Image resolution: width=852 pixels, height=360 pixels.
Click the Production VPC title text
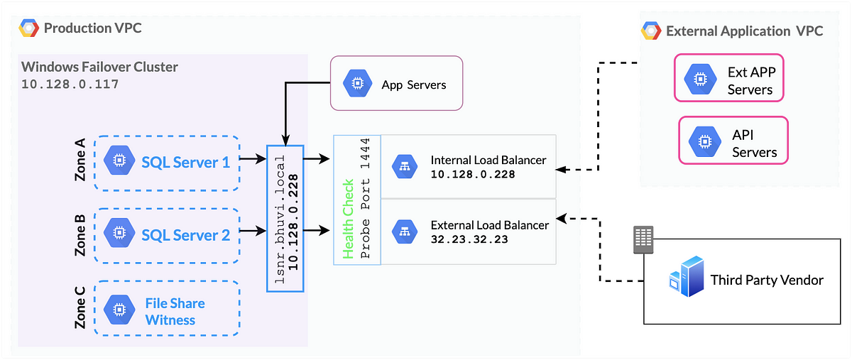click(x=92, y=28)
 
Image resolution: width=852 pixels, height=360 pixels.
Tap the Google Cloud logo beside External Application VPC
click(x=651, y=31)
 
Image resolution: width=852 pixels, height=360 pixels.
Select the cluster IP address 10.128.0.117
click(x=70, y=84)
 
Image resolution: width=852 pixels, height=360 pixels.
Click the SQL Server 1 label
click(x=185, y=163)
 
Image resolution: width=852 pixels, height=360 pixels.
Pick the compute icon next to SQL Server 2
click(x=119, y=232)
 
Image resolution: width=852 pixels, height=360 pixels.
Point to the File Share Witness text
click(x=175, y=312)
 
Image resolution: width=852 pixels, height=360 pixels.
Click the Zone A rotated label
click(x=80, y=160)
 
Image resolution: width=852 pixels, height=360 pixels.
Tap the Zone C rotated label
click(x=80, y=307)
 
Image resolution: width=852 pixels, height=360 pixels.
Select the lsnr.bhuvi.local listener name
click(x=280, y=219)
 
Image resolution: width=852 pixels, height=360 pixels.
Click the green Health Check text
click(x=348, y=219)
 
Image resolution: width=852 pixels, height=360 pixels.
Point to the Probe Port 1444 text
click(x=365, y=198)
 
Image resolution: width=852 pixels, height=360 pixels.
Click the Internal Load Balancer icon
click(x=405, y=167)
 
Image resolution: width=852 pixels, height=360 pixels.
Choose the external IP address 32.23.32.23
click(x=469, y=239)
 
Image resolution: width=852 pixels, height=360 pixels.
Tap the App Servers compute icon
click(x=357, y=83)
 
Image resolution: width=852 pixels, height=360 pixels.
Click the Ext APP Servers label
click(x=752, y=81)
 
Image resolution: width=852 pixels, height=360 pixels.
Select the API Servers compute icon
click(x=705, y=141)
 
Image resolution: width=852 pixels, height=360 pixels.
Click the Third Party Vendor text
click(x=767, y=280)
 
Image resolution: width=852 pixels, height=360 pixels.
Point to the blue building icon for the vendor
click(x=687, y=277)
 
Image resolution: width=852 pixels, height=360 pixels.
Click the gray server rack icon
click(x=643, y=240)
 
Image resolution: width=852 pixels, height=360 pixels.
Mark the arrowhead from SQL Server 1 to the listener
click(x=261, y=158)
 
